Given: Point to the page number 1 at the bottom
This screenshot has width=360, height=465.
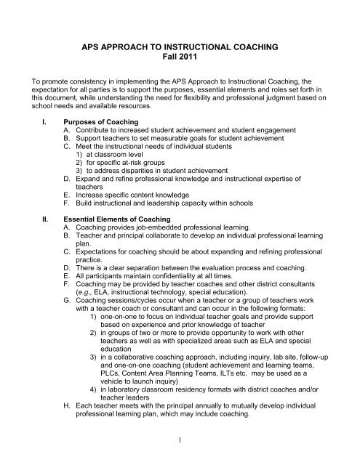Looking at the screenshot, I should (180, 439).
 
